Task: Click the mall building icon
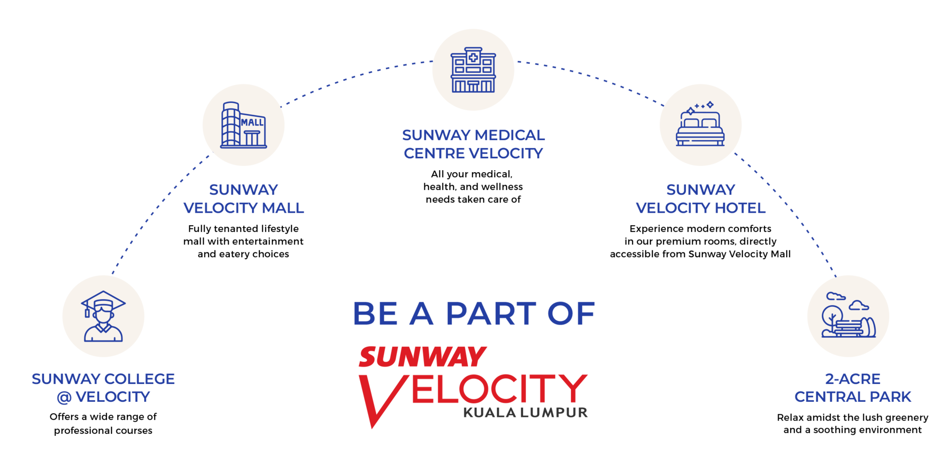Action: click(243, 125)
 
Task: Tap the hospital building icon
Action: click(473, 70)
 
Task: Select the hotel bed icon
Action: click(700, 125)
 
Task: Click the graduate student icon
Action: click(103, 317)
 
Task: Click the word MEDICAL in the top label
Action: click(509, 135)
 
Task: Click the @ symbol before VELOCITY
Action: click(64, 397)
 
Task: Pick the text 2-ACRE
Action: click(852, 379)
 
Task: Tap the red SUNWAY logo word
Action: click(422, 357)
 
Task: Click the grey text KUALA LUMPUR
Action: click(525, 413)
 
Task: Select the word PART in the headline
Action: click(491, 314)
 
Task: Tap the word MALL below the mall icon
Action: click(282, 208)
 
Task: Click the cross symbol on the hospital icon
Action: click(473, 57)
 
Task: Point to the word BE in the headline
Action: click(375, 314)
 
